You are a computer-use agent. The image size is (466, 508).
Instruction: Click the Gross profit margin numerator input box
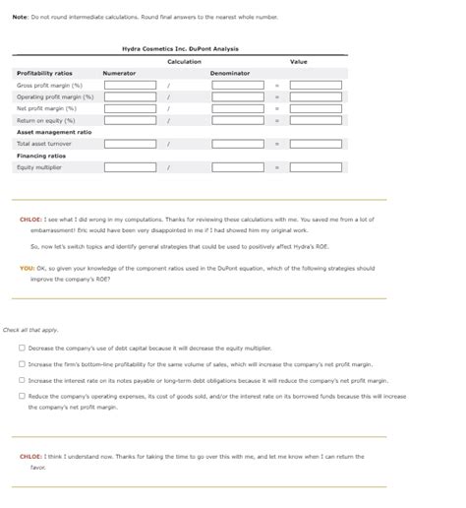pos(129,86)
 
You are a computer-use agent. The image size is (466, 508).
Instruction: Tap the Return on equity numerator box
pos(129,121)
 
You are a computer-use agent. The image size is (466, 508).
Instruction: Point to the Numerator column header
pos(120,74)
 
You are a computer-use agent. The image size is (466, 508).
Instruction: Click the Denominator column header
pos(230,74)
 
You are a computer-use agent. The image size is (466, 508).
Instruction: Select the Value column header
pos(299,62)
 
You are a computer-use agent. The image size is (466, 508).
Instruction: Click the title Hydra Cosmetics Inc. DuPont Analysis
pos(180,48)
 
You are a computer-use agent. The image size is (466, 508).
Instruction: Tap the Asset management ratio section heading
pos(54,132)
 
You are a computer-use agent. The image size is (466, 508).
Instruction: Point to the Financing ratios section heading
pos(41,156)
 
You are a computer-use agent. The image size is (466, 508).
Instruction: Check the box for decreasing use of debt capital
pos(22,349)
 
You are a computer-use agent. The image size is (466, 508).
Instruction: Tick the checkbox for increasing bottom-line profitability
pos(22,364)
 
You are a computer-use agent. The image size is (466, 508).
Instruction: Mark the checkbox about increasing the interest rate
pos(22,380)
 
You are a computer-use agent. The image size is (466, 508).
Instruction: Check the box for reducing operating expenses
pos(22,396)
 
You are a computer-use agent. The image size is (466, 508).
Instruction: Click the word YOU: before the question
pos(27,268)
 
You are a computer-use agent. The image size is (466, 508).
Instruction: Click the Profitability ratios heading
pos(44,74)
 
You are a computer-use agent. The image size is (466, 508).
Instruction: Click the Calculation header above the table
pos(184,62)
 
